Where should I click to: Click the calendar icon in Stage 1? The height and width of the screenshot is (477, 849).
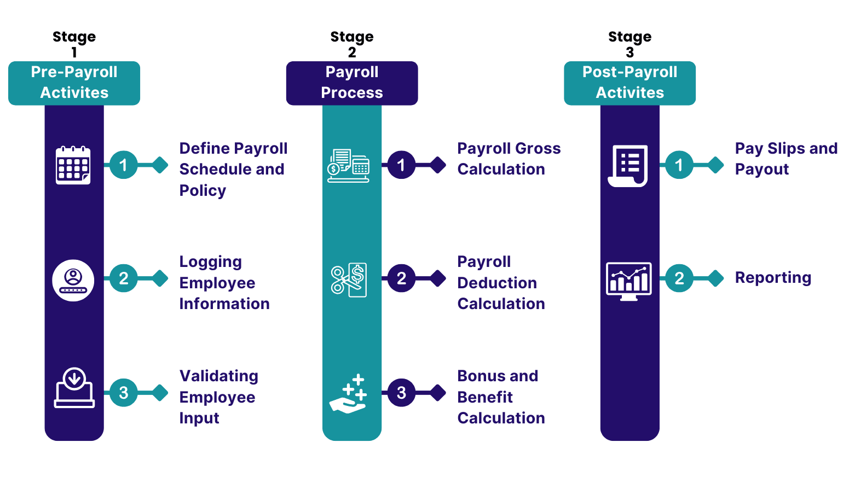click(73, 165)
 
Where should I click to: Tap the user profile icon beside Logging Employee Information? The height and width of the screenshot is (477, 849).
click(73, 281)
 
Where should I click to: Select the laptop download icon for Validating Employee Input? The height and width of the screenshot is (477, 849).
click(74, 387)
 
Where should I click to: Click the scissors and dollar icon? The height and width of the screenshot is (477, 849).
click(349, 280)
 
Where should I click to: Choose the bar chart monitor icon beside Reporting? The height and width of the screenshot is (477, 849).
click(629, 281)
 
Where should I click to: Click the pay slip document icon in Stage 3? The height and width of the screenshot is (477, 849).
click(628, 166)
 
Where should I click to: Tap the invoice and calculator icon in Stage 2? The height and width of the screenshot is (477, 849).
click(348, 166)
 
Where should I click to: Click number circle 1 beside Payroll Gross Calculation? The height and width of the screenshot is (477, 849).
click(401, 165)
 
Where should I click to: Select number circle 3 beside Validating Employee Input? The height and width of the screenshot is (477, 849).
click(124, 393)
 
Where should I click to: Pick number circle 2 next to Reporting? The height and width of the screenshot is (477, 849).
click(679, 278)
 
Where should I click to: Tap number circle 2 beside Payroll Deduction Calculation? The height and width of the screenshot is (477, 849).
click(401, 278)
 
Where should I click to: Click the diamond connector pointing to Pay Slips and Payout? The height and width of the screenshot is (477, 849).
click(715, 165)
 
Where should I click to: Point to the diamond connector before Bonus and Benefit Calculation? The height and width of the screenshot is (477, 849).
click(438, 393)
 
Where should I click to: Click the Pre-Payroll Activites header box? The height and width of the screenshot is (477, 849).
click(74, 83)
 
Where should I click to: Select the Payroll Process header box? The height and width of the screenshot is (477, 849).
click(352, 83)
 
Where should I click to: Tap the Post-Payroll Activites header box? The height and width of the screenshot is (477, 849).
click(630, 83)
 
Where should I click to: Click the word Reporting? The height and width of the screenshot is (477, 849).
click(773, 278)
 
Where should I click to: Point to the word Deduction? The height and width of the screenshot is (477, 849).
click(497, 283)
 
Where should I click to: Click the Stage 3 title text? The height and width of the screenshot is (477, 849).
click(630, 44)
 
